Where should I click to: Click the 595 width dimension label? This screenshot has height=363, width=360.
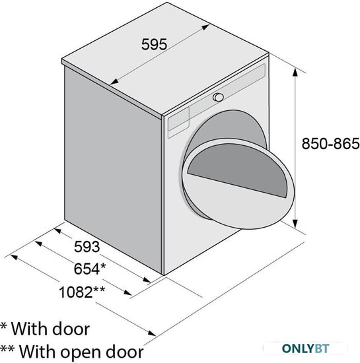154,44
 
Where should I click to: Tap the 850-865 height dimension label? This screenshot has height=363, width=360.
330,143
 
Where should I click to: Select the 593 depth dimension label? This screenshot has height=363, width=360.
87,246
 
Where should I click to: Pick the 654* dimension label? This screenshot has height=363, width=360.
90,269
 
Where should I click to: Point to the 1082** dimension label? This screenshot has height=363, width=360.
82,292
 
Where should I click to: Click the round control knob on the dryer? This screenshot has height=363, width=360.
218,97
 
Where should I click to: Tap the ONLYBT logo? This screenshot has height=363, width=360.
306,348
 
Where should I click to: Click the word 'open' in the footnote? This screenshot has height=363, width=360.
81,352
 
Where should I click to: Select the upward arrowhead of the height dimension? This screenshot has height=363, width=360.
295,72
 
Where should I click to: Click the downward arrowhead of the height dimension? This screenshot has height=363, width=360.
295,223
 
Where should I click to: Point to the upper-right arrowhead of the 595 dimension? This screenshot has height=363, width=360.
205,27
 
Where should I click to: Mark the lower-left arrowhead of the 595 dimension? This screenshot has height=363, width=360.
114,81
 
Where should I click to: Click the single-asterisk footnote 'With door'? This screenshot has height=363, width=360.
45,329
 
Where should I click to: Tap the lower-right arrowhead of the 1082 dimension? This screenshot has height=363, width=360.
152,333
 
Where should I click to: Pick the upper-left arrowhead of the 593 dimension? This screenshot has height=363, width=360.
57,230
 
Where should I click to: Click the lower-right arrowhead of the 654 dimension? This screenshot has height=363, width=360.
127,292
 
